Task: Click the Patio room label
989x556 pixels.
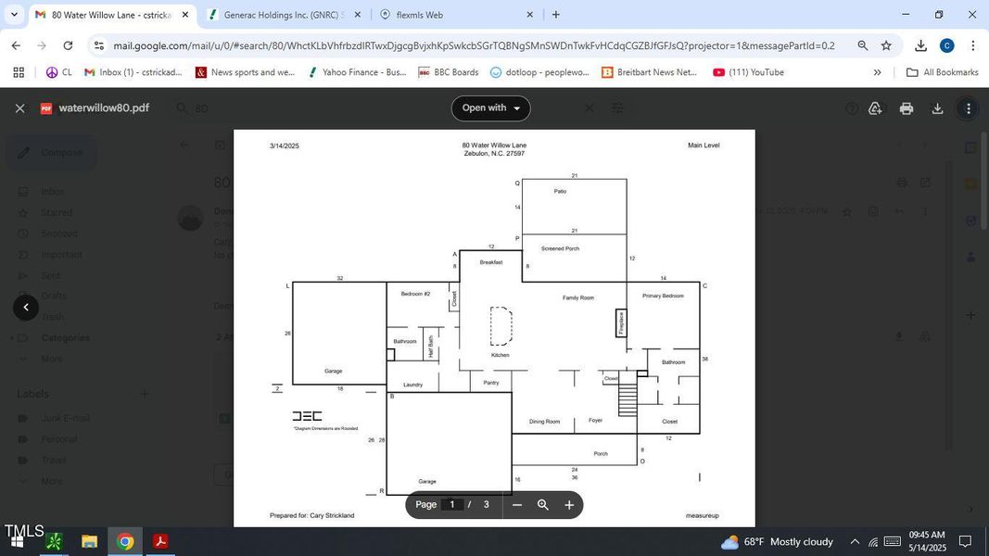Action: coord(560,192)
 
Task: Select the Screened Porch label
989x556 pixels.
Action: coord(560,248)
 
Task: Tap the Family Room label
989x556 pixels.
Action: coord(578,297)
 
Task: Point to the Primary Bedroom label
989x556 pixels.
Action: coord(663,296)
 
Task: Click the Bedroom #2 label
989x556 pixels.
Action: coord(415,294)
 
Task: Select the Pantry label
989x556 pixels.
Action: coord(491,383)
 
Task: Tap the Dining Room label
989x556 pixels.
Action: coord(544,422)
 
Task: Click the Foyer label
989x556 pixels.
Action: coord(595,421)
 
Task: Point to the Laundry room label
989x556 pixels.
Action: coord(413,385)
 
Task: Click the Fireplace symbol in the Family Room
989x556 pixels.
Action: coord(621,323)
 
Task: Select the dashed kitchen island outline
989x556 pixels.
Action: coord(501,326)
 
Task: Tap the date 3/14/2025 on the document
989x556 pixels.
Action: coord(285,145)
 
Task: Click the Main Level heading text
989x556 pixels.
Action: coord(704,145)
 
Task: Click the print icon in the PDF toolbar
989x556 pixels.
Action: coord(907,108)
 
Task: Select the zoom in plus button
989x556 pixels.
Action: coord(569,505)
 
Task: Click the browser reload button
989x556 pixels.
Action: coord(68,45)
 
